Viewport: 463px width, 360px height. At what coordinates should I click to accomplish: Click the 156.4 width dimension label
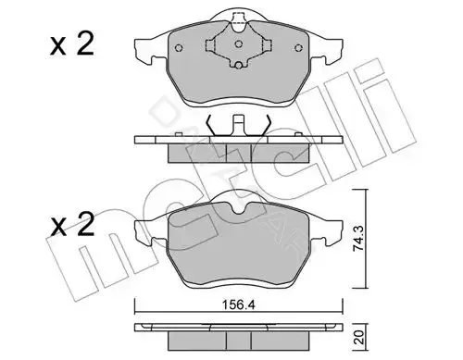[238, 304]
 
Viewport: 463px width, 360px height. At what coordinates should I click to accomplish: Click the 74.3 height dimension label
[358, 239]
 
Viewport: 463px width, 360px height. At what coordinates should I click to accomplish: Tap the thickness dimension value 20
[360, 338]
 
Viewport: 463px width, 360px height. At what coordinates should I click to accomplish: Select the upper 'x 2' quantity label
[72, 45]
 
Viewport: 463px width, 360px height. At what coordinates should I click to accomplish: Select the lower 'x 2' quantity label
[72, 225]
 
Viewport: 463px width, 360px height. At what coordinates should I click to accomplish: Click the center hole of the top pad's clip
[238, 44]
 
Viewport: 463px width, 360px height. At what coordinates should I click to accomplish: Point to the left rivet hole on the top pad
[179, 48]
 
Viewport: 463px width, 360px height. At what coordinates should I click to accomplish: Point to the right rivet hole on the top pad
[298, 48]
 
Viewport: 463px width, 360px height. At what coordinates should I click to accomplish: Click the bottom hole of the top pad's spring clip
[238, 65]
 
